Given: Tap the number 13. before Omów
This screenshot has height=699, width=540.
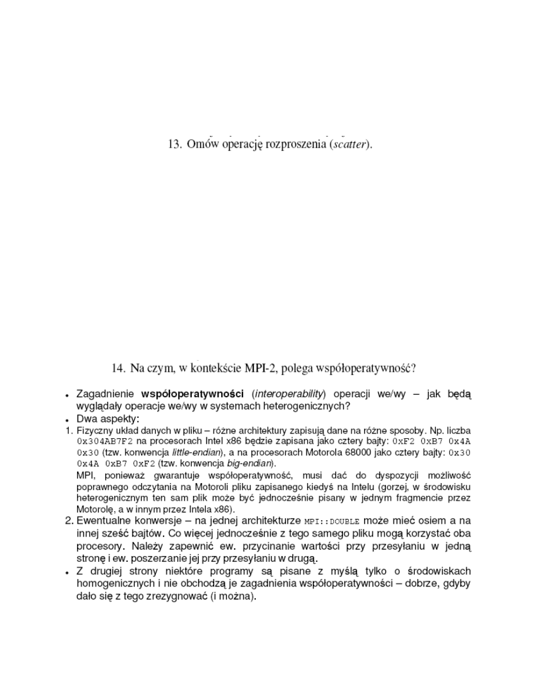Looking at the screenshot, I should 175,144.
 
